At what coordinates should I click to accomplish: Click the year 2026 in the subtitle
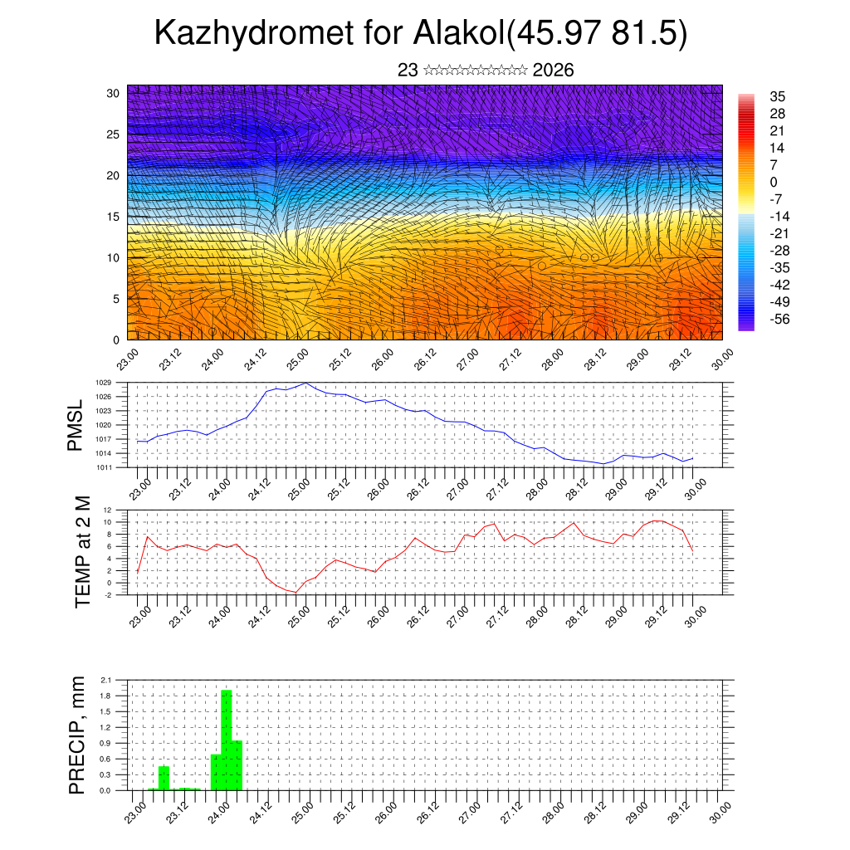pos(554,71)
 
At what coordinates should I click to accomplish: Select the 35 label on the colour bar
pos(778,96)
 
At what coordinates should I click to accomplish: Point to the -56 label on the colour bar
pos(779,319)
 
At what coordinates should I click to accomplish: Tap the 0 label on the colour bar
pos(774,182)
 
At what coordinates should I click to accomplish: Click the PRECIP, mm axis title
pos(76,735)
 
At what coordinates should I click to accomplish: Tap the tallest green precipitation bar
pos(226,739)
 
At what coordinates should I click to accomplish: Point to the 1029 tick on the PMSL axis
pos(104,383)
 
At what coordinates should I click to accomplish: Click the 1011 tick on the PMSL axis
pos(104,467)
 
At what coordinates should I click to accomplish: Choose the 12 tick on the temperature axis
pos(107,510)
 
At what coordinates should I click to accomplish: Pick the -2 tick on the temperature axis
pos(107,594)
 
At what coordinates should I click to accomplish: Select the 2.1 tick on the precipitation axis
pos(105,680)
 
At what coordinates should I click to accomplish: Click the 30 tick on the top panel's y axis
pos(113,93)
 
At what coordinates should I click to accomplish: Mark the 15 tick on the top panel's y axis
pos(113,217)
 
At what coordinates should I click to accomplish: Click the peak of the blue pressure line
pos(306,383)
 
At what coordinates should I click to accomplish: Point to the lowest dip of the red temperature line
pos(295,592)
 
